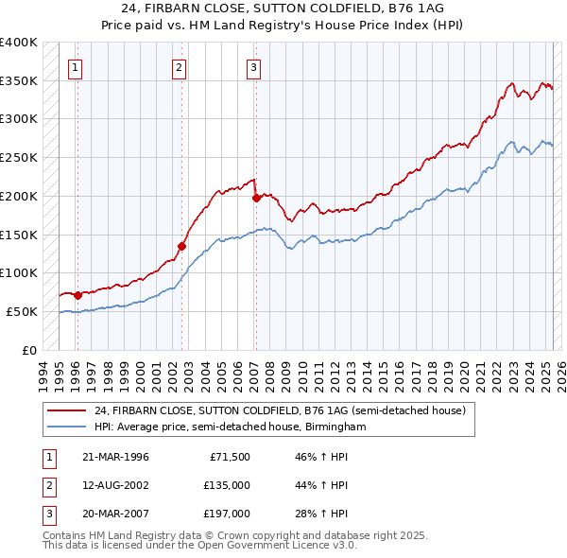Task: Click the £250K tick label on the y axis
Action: [19, 158]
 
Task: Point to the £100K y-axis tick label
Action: [19, 273]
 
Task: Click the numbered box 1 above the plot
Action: [75, 67]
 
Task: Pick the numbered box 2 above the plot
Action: [179, 67]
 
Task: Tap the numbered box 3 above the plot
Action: [254, 67]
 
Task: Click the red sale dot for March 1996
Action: [77, 295]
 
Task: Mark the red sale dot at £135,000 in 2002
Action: [181, 246]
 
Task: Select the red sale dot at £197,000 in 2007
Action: [256, 199]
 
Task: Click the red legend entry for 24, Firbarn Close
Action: [281, 411]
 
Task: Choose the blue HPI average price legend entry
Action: [230, 427]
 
